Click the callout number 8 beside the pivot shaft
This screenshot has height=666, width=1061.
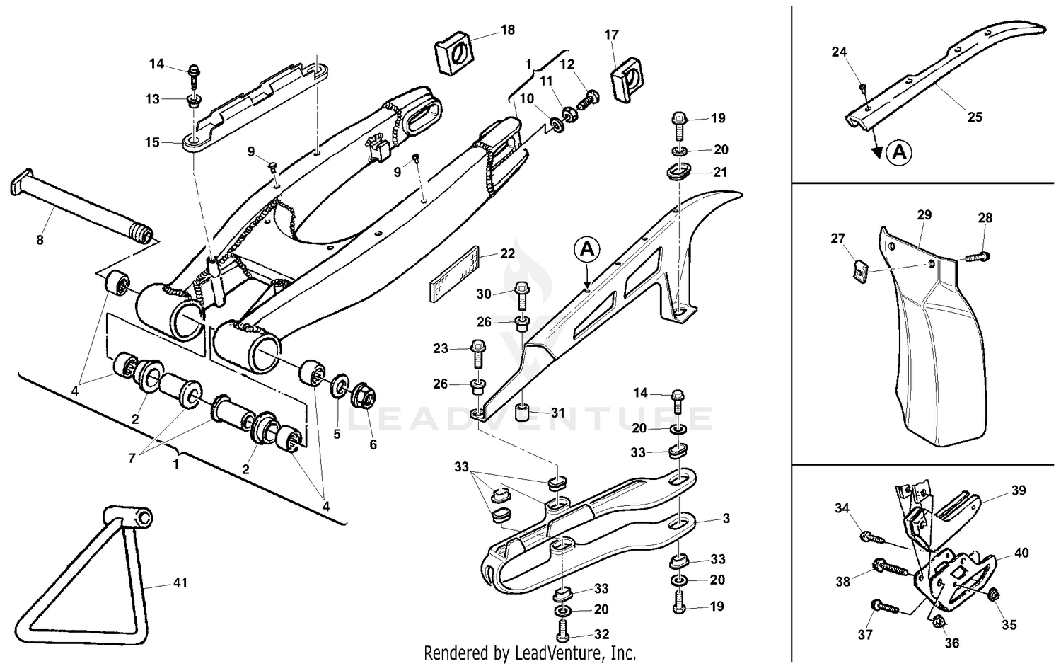(x=40, y=240)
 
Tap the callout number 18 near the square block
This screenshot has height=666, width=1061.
(x=508, y=30)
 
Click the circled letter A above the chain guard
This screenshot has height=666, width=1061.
(x=588, y=249)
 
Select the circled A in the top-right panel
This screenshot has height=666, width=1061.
(x=899, y=151)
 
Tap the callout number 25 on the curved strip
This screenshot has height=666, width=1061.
(x=975, y=117)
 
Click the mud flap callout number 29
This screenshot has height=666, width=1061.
(x=924, y=214)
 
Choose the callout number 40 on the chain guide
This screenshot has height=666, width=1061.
(x=1021, y=553)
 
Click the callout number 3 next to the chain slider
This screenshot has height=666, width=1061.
(x=726, y=519)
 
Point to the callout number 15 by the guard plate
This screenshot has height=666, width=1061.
(x=152, y=142)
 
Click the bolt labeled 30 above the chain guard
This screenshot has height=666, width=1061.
(x=522, y=293)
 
